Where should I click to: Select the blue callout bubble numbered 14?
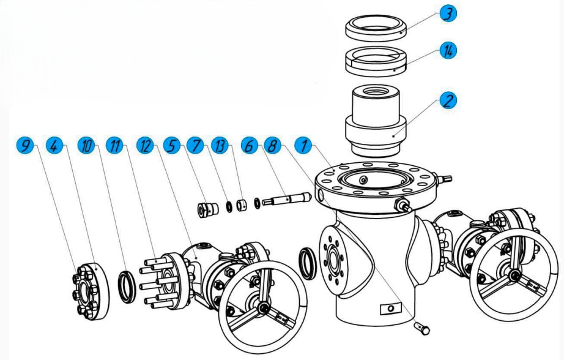[450, 51]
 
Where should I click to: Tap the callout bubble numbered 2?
[450, 100]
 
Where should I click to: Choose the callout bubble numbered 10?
[87, 146]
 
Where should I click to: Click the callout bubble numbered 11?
[114, 146]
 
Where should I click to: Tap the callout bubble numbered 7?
[197, 146]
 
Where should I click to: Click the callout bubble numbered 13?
[220, 146]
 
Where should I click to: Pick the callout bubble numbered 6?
[250, 146]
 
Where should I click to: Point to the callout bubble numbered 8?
[272, 146]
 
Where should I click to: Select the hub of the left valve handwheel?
[263, 307]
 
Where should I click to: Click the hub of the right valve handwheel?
[515, 276]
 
